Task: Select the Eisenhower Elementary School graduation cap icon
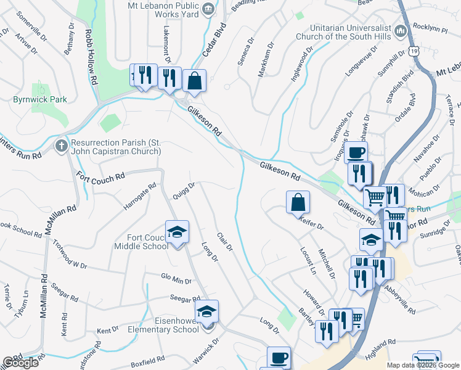207,311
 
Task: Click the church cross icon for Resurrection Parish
61,146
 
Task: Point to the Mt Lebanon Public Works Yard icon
208,7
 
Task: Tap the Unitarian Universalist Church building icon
401,31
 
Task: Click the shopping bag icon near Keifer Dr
298,202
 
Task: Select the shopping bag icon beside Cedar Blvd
194,81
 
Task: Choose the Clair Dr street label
224,241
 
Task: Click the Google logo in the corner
20,363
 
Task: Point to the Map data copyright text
422,365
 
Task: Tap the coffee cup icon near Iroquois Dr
356,152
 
